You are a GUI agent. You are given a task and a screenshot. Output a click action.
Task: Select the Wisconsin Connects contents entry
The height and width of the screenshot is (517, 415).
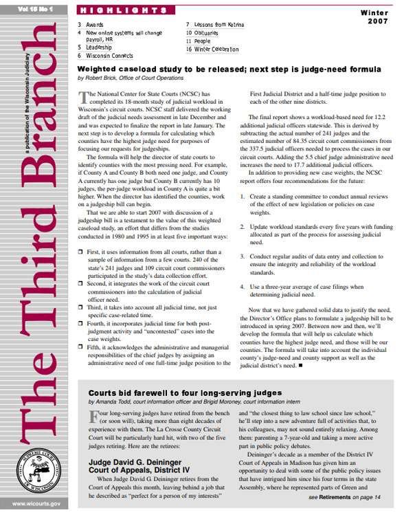pyautogui.click(x=109, y=55)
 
